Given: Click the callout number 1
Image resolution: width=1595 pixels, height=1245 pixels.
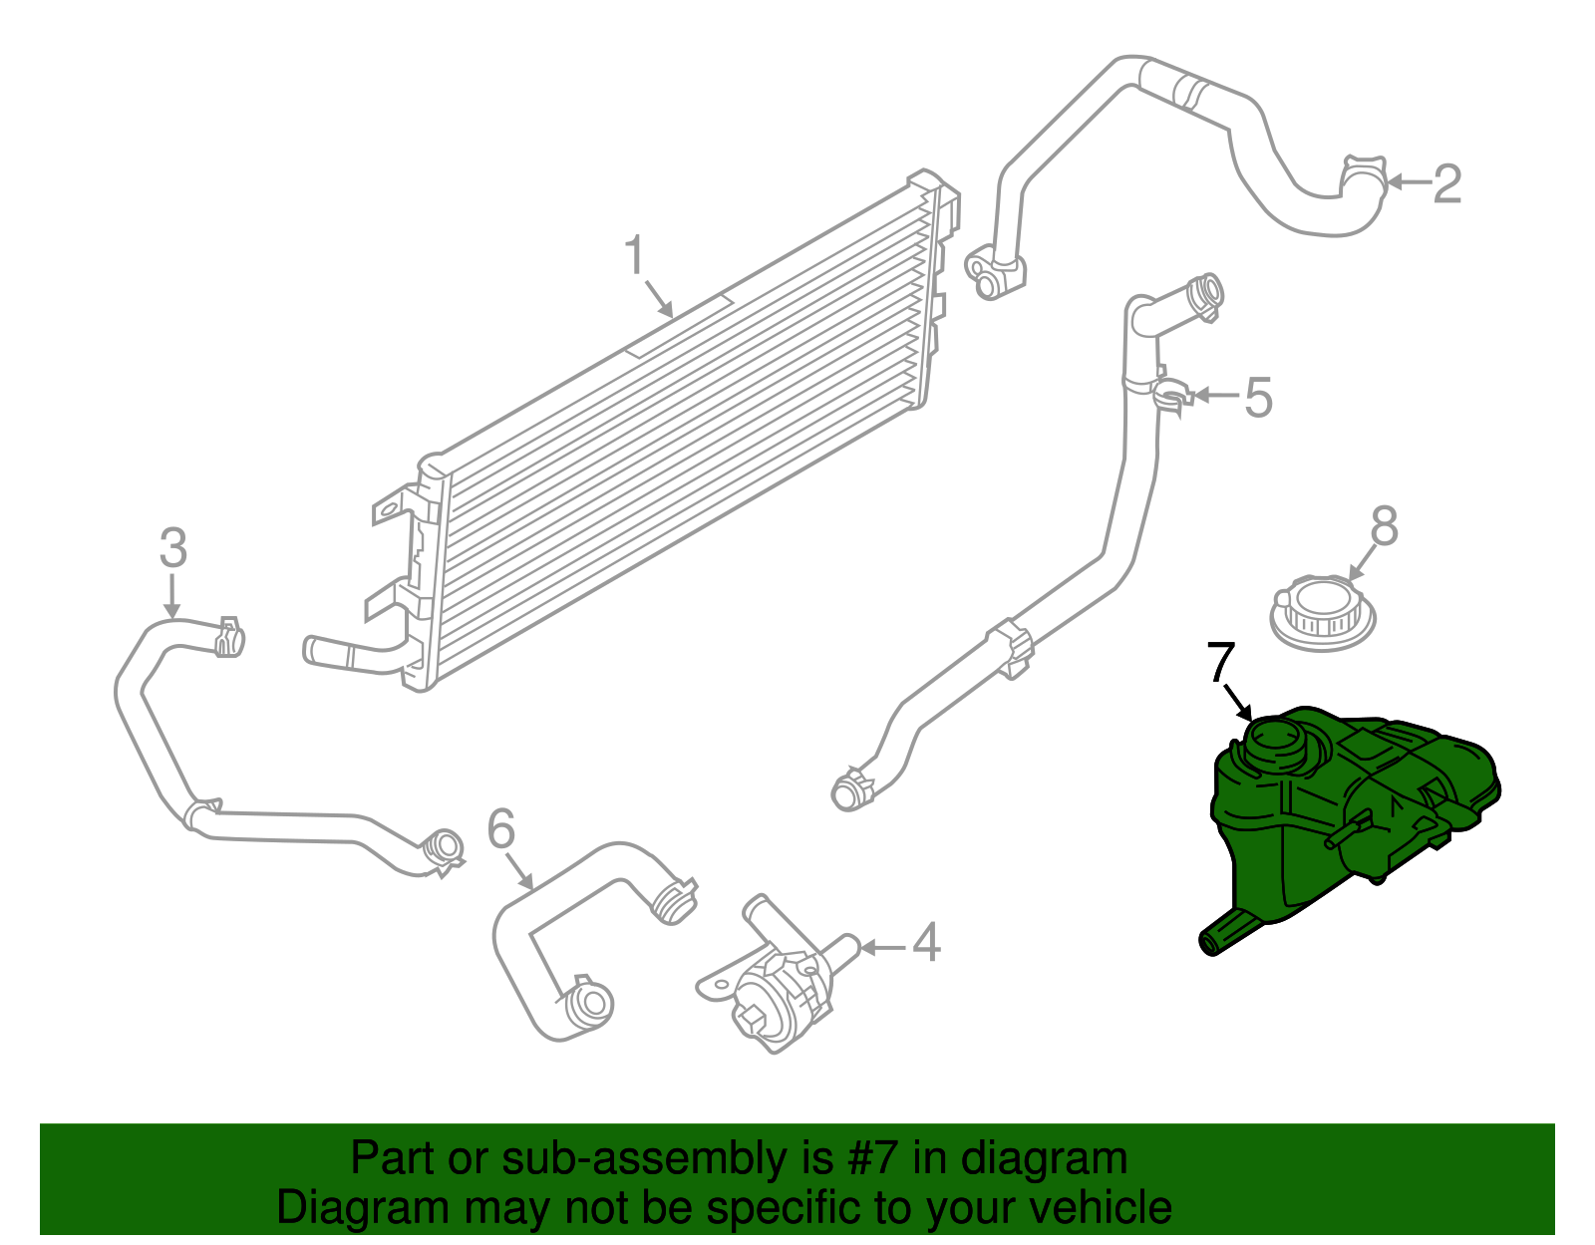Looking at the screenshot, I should coord(635,256).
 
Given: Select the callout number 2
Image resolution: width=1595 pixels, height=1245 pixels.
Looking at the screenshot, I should coord(1446,183).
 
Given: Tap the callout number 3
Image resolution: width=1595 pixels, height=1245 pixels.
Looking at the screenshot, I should coord(173,548).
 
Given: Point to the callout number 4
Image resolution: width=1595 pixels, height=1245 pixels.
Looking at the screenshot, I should coord(926,943).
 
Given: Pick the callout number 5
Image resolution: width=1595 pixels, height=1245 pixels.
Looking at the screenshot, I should coord(1259,397).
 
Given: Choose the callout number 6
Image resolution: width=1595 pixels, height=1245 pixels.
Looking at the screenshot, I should coord(501,829).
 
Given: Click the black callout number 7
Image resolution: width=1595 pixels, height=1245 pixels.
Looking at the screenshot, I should coord(1221,663).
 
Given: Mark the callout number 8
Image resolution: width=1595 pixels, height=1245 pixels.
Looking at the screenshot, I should coord(1385,526).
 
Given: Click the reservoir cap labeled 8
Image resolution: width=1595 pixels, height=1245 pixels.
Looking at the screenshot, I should coord(1323,611).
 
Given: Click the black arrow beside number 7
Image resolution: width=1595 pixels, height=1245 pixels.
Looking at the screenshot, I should coord(1238,702).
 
